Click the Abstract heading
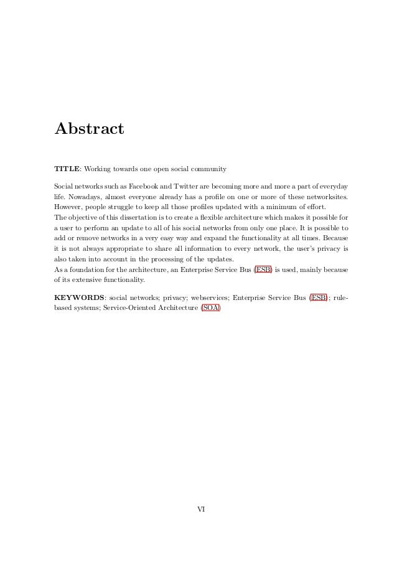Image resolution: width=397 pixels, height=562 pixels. pyautogui.click(x=89, y=129)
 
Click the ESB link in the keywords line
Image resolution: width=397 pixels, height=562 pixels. pyautogui.click(x=319, y=297)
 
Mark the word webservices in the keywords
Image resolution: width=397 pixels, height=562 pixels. pyautogui.click(x=209, y=297)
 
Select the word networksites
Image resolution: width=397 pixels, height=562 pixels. pyautogui.click(x=323, y=197)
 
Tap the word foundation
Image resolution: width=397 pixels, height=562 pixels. pyautogui.click(x=85, y=269)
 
